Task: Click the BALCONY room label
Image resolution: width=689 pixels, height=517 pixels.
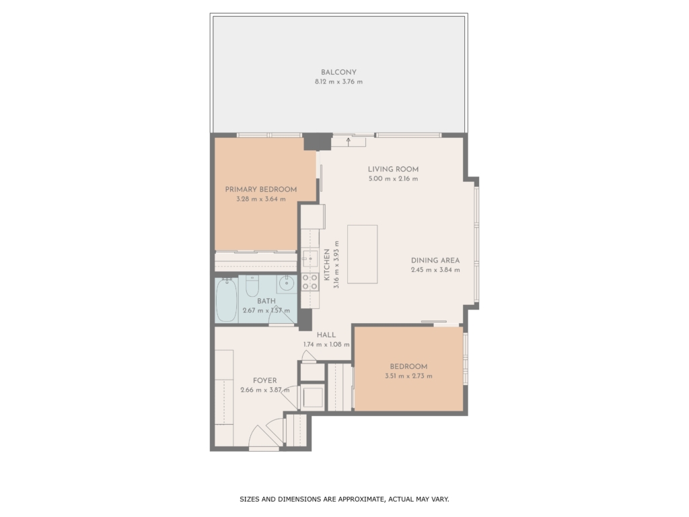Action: tap(338, 73)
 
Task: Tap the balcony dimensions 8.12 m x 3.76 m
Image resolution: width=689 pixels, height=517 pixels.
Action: tap(338, 81)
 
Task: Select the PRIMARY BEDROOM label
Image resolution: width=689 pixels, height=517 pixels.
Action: tap(261, 189)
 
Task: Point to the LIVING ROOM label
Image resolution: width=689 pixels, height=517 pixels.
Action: tap(393, 169)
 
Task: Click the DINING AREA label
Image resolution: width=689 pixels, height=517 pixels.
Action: tap(435, 261)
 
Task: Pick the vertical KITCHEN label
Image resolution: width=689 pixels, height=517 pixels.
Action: tap(327, 265)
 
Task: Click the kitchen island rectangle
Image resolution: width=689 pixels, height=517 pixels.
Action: tap(363, 254)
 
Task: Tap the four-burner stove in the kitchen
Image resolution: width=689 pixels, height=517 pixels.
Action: tap(310, 281)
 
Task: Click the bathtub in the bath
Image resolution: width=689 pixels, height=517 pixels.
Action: tap(227, 300)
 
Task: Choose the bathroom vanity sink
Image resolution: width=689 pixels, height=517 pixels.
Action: tap(287, 283)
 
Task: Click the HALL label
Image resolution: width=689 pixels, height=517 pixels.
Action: tap(326, 335)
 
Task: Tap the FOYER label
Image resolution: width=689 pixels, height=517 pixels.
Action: tap(265, 381)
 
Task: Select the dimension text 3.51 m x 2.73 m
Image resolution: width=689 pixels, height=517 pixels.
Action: tap(408, 376)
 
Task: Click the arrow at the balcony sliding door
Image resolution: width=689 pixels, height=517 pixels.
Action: tap(349, 141)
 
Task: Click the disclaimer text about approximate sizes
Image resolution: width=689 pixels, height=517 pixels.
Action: tap(344, 499)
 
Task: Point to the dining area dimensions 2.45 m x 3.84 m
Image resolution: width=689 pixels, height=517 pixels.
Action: tap(435, 270)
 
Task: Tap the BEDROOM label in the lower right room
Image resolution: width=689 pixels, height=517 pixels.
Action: tap(408, 367)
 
